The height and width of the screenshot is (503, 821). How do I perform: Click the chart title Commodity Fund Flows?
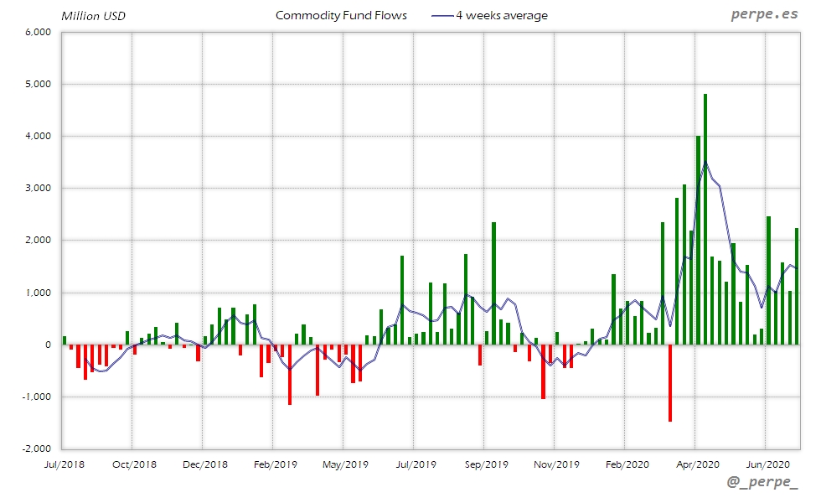coord(341,15)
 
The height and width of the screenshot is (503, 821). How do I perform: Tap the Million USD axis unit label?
coord(94,16)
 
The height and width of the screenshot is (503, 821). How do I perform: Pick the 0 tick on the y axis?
coord(49,345)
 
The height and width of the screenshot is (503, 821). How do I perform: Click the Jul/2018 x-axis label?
coord(64,464)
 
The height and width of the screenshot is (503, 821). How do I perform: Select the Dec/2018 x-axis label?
coord(204,464)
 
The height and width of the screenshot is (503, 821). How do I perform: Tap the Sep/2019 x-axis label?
coord(486,464)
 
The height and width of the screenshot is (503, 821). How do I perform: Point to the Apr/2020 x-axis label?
coord(697,464)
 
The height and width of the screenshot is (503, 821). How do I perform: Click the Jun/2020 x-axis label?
coord(767,464)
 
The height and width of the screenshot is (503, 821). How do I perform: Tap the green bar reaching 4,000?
coord(698,240)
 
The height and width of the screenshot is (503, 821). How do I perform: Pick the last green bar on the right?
coord(797,286)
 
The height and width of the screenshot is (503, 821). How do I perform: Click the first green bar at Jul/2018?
coord(65,340)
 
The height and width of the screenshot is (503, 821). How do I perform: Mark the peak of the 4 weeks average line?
coord(705,161)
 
